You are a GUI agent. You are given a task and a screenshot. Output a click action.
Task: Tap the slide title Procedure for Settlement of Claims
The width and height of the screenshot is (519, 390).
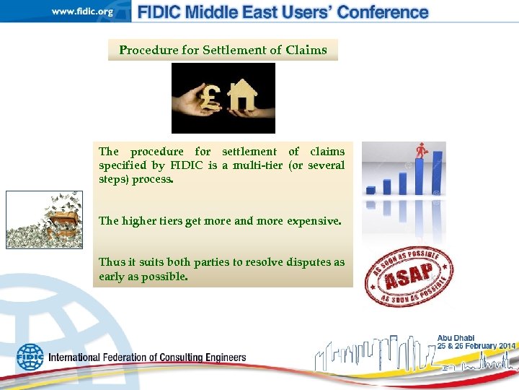[223, 50]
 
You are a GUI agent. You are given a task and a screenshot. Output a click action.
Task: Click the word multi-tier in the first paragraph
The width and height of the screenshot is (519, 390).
[258, 165]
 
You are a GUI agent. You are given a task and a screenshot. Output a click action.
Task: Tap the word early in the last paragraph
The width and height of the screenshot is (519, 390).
[113, 276]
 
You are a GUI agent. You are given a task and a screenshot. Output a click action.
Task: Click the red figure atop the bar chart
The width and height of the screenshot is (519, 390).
[420, 151]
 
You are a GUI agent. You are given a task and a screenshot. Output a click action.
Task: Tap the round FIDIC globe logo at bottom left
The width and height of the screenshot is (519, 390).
[30, 357]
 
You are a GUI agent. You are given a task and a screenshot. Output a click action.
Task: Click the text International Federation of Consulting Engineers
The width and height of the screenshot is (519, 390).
[147, 357]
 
